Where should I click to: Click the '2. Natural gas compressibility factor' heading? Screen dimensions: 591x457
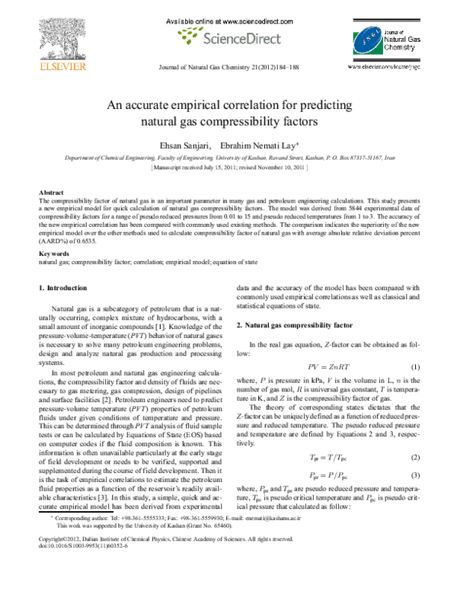point(296,325)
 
